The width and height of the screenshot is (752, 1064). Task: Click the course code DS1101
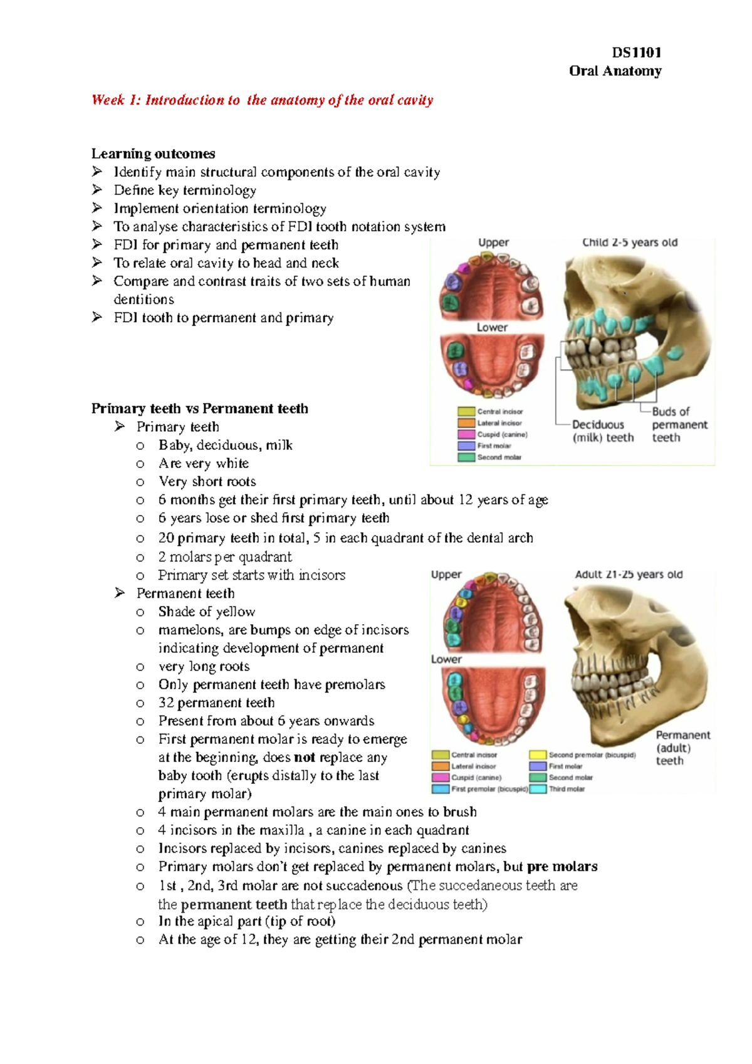pos(636,53)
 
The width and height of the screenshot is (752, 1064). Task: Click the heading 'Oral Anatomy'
pos(615,71)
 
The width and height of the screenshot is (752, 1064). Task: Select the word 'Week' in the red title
pos(108,100)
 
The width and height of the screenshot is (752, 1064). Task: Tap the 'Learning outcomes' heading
pos(153,154)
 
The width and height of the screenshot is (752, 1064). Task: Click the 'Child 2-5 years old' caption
pos(630,243)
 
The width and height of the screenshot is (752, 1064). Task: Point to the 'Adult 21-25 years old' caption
pos(629,575)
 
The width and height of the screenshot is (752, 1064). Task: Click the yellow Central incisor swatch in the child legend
pos(466,412)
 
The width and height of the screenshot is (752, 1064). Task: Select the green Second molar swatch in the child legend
pos(466,457)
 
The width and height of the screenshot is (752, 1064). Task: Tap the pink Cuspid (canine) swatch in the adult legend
pos(441,778)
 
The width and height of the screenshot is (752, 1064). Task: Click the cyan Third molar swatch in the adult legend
pos(538,789)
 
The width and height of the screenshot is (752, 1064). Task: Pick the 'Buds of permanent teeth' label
pos(679,425)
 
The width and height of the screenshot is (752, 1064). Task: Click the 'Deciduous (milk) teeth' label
pos(602,431)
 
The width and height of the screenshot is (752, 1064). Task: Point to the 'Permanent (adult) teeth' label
pos(682,748)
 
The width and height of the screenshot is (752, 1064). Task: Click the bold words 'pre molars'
pos(562,867)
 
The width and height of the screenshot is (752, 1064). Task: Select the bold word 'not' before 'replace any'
pos(305,758)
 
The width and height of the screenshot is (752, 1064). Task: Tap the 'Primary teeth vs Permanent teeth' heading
pos(199,409)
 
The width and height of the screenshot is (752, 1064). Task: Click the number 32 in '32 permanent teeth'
pos(165,703)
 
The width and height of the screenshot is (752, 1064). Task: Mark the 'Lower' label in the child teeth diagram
pos(492,327)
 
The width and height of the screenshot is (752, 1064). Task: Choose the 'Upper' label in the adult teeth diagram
pos(446,575)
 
